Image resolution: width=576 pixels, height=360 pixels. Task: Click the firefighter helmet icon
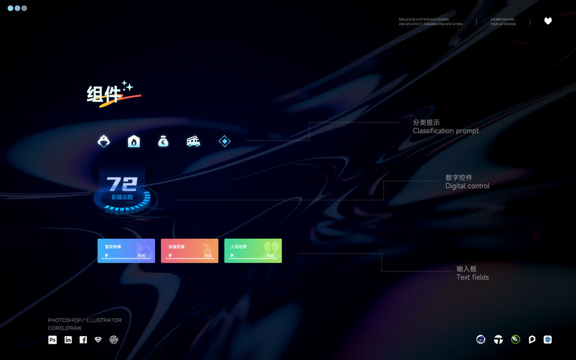tap(104, 142)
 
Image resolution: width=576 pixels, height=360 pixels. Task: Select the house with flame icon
tap(134, 142)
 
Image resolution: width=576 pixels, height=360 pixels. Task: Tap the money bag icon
tap(163, 142)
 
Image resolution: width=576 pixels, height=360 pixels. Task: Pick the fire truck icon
tap(193, 142)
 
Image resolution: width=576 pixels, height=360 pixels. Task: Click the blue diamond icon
tap(224, 142)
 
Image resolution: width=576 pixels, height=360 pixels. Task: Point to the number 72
tap(122, 184)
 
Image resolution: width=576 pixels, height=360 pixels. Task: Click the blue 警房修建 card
tap(126, 251)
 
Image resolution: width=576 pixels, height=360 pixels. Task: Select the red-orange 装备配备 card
tap(190, 251)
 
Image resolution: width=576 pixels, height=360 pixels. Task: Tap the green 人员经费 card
tap(253, 251)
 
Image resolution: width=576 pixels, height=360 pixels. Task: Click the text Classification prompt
tap(446, 131)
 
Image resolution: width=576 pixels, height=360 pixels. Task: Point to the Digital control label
tap(467, 186)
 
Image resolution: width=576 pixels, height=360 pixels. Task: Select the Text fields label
tap(473, 277)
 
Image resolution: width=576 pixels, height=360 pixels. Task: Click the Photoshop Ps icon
tap(52, 340)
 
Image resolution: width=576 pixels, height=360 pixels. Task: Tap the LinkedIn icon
tap(68, 340)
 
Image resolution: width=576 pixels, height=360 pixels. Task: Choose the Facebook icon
tap(83, 340)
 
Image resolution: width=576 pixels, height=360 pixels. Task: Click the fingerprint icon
tap(114, 340)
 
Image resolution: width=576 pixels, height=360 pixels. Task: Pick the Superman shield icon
tap(98, 340)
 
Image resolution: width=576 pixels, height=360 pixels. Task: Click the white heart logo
tap(548, 21)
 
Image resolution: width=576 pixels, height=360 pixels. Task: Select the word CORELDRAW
tap(65, 328)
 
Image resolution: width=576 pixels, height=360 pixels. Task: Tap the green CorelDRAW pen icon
tap(515, 340)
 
